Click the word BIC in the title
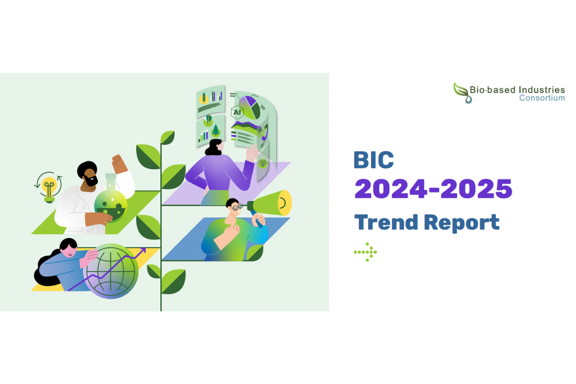coord(373,160)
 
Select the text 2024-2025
coord(433,189)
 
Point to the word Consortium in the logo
coord(541,98)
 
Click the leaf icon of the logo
coord(462,92)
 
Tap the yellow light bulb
coord(49,186)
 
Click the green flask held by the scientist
coord(111,205)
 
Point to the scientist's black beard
coord(91,181)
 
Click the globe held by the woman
coord(110,271)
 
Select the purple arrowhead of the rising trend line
coord(143,251)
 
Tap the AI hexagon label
coord(237,113)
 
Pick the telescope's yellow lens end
coord(285,202)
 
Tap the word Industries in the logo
coord(540,90)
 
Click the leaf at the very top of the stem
coord(168,138)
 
